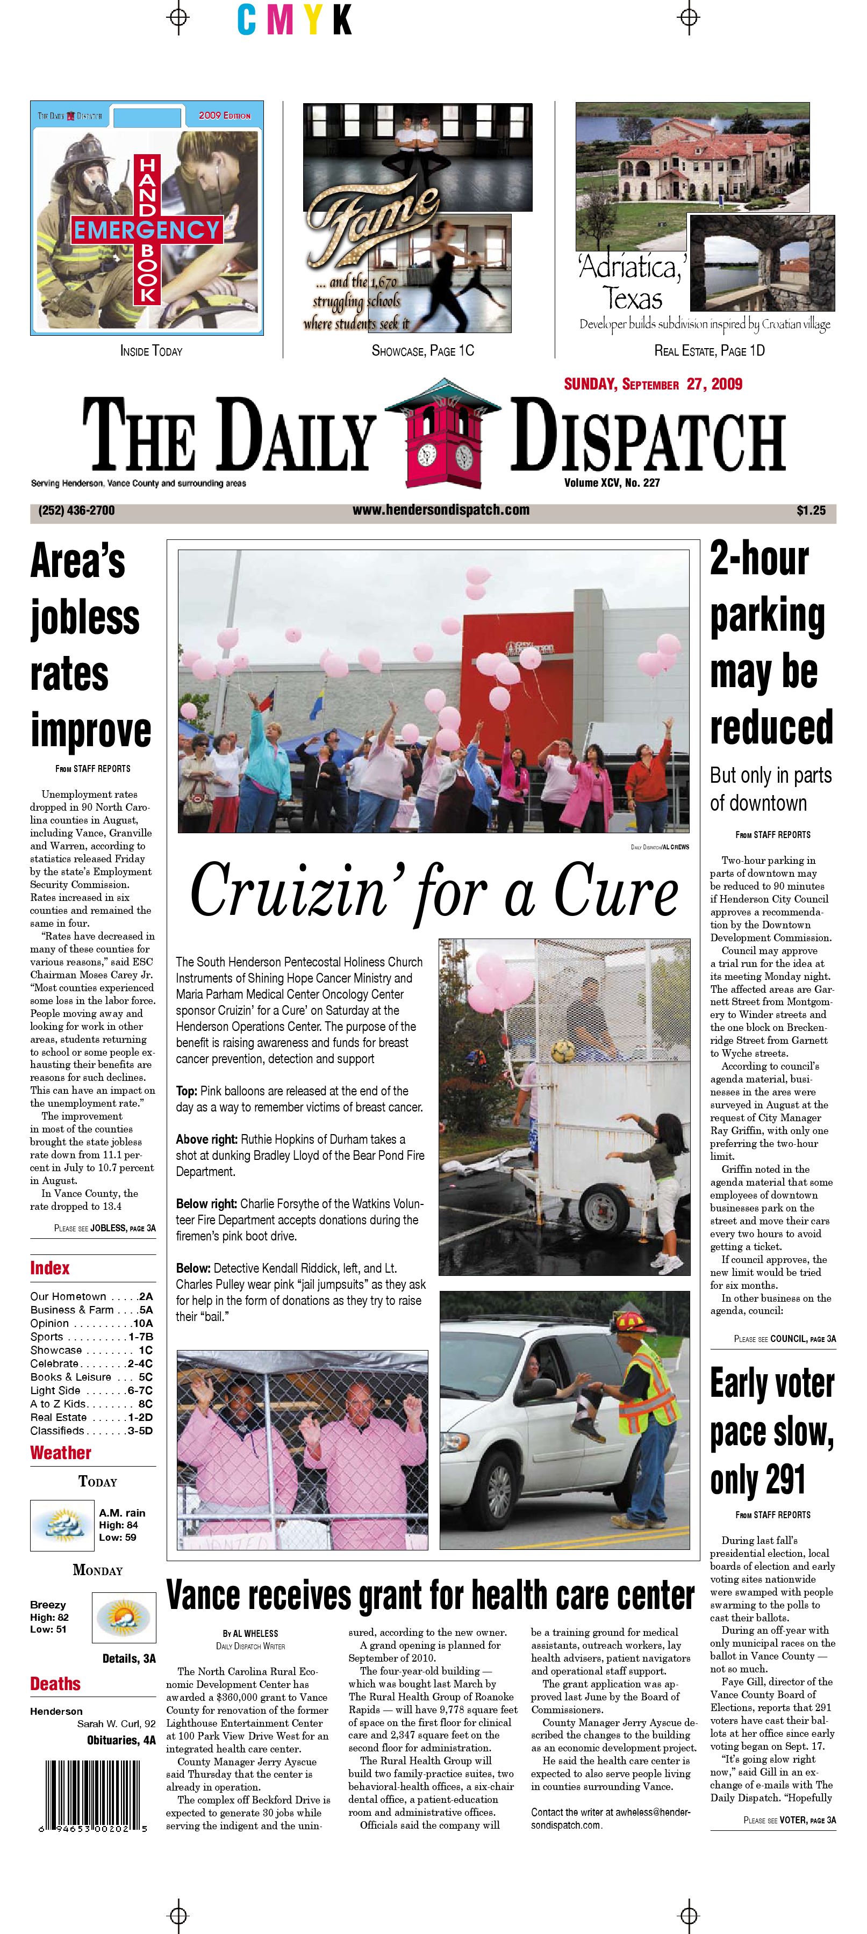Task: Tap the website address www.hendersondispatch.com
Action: click(x=441, y=510)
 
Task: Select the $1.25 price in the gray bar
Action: click(x=811, y=510)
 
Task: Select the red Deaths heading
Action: click(x=55, y=1684)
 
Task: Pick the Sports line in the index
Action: click(x=91, y=1337)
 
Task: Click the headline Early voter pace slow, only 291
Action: click(x=771, y=1431)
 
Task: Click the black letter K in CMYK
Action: click(x=342, y=20)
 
